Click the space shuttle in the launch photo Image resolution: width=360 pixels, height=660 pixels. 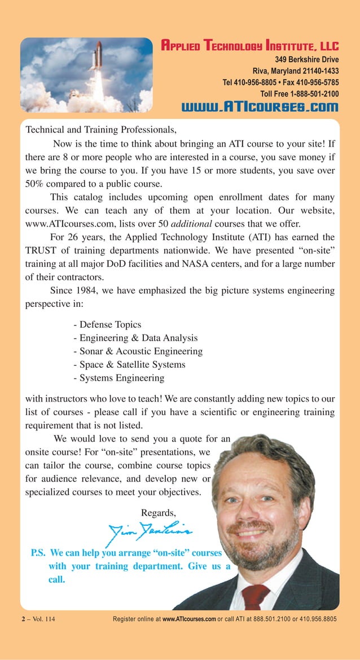tap(98, 56)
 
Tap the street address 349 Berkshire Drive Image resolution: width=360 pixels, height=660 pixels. tap(306, 59)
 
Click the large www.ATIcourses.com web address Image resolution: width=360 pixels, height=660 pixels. tap(260, 107)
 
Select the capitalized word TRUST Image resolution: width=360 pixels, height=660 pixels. tap(42, 250)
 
